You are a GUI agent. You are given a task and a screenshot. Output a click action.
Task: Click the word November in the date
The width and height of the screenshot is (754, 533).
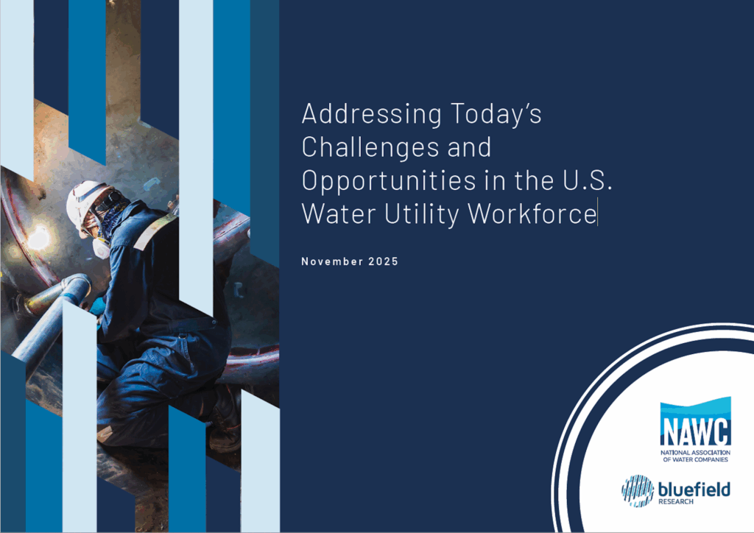330,262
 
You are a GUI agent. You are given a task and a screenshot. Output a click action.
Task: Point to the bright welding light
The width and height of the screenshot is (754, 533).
38,237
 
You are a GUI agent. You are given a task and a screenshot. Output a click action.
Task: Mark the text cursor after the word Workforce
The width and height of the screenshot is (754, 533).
598,214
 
